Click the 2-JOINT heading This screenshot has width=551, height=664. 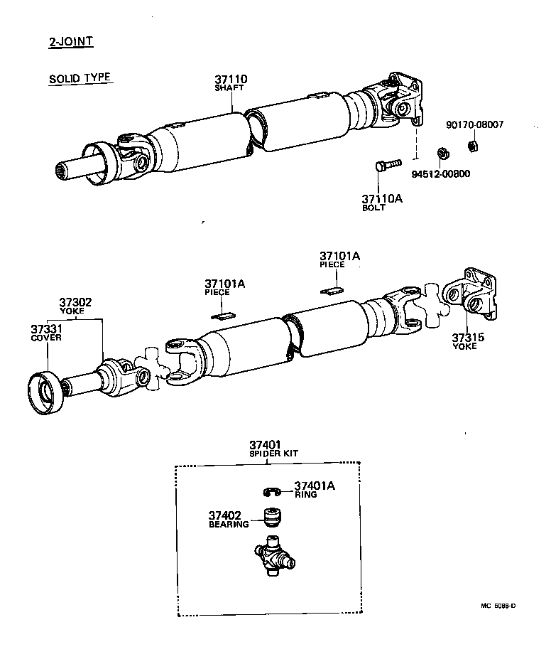71,41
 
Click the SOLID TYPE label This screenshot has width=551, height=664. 80,78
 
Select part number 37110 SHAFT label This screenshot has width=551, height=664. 231,83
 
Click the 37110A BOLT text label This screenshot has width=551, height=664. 381,203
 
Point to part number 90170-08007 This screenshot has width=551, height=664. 474,124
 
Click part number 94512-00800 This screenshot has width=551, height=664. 440,173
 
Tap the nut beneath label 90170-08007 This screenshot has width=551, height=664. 471,146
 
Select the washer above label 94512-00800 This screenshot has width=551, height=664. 441,153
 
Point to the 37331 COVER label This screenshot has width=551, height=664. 46,333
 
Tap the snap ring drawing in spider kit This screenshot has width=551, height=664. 271,491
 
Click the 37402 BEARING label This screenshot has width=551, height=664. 229,519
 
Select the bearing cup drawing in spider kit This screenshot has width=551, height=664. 271,518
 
